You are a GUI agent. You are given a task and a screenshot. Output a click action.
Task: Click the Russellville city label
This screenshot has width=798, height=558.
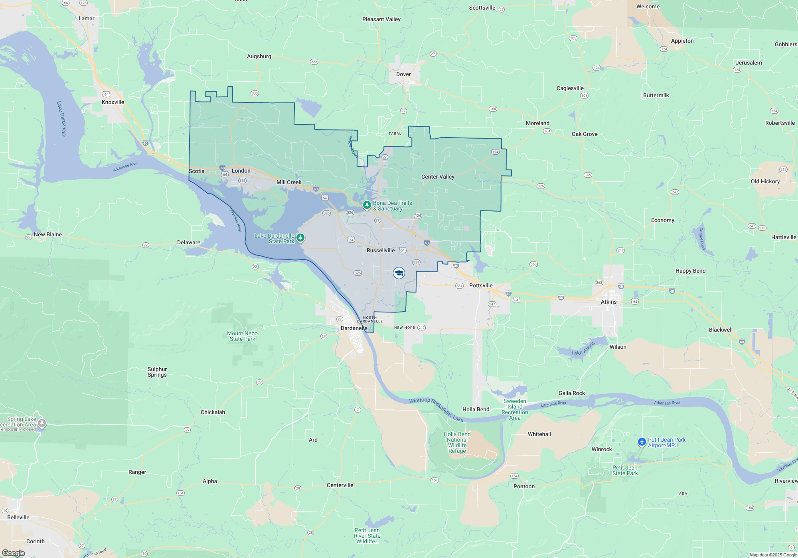381,250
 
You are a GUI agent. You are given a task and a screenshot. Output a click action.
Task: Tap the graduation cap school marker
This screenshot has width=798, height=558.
399,273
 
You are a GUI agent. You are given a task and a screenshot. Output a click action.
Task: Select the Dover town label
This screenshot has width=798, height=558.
403,74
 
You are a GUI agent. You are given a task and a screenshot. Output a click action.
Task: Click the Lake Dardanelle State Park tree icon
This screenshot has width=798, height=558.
300,238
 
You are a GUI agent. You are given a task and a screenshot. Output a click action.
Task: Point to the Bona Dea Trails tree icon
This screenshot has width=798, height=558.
367,205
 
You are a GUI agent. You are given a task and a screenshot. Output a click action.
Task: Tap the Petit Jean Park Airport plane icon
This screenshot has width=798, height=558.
642,442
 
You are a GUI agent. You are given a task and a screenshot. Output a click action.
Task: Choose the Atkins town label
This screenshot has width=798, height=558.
608,302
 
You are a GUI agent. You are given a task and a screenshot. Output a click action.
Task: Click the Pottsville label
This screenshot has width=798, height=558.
481,285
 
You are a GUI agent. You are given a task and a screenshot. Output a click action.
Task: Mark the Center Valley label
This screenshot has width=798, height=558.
438,177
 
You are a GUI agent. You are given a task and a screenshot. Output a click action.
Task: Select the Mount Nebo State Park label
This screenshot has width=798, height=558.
242,336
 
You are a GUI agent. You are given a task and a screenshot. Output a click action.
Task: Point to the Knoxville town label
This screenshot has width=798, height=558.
113,102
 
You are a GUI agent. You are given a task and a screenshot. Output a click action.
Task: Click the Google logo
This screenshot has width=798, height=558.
14,553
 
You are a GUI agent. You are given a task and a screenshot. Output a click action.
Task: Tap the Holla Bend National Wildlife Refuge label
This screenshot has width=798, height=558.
457,442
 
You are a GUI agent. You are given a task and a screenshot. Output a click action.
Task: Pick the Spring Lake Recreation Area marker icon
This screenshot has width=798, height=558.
42,423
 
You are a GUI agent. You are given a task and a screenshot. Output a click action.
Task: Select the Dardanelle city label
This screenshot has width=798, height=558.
354,328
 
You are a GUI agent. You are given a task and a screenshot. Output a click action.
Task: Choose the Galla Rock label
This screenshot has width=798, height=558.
571,393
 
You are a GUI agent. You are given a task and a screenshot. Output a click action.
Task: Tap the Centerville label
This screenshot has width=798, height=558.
340,485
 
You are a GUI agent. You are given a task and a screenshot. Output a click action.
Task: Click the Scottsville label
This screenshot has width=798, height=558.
482,8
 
